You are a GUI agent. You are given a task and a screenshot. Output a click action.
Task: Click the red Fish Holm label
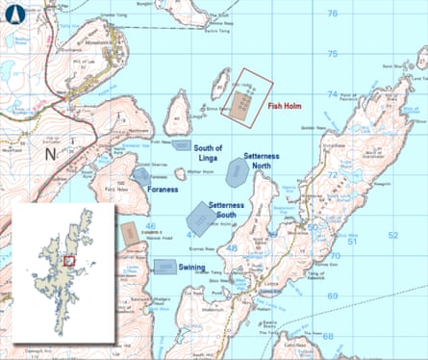[x=288, y=107]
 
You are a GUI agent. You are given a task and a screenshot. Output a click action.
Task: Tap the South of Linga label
[x=208, y=152]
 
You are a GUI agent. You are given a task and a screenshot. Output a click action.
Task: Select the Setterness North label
[x=262, y=161]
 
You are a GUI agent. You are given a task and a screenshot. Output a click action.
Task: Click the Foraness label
[x=164, y=191]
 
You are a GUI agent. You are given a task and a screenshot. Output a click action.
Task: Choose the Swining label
[x=195, y=264]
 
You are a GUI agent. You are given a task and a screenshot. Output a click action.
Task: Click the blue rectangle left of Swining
[x=164, y=266]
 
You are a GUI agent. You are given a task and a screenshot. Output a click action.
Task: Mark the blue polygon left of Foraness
[x=140, y=177]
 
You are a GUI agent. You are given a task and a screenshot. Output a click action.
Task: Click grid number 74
[x=332, y=93]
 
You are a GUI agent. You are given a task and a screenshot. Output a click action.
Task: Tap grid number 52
[x=391, y=235]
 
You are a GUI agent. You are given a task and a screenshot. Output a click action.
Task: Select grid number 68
[x=329, y=336]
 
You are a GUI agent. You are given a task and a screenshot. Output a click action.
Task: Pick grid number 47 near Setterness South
[x=191, y=234]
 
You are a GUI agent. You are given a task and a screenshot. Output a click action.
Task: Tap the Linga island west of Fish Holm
[x=176, y=114]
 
